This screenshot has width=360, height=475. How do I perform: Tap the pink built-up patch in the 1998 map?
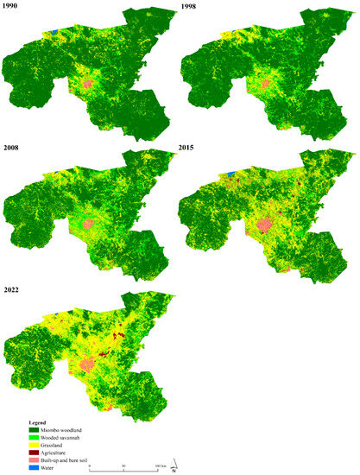pos(265,85)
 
